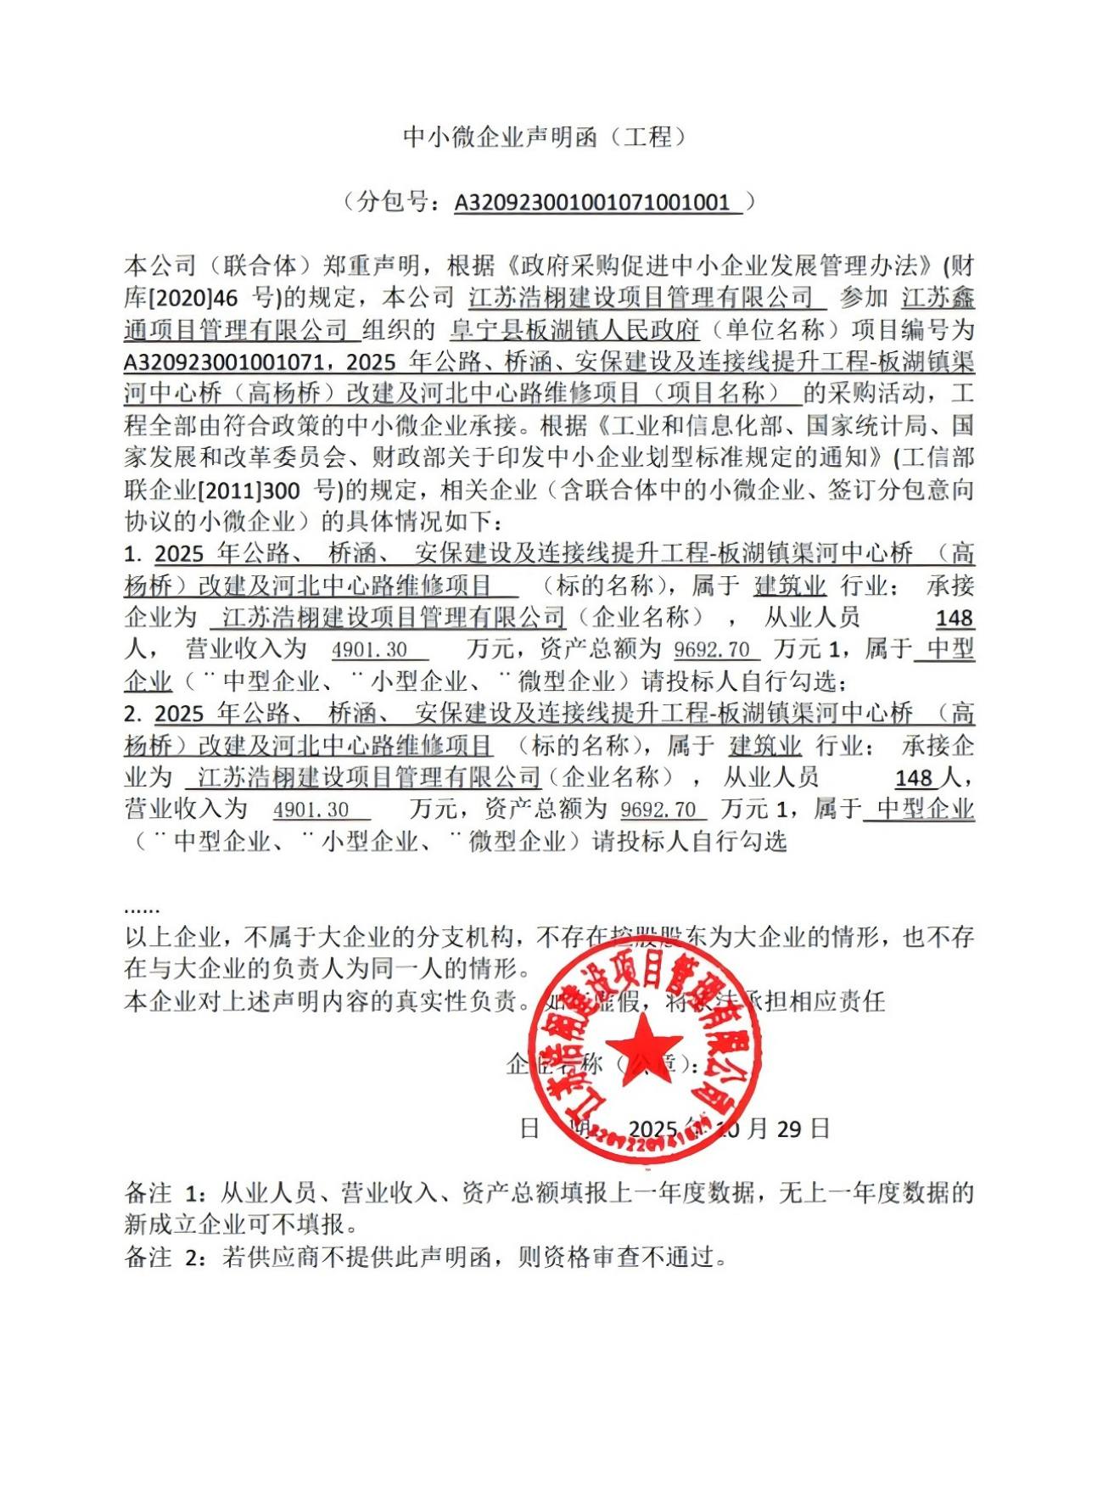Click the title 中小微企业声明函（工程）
[x=545, y=137]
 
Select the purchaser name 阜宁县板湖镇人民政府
[x=574, y=329]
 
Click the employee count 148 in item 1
[x=954, y=618]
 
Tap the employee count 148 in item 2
[x=914, y=777]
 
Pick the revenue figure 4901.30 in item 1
[x=370, y=650]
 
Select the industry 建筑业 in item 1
[x=790, y=586]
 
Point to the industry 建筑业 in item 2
[x=765, y=746]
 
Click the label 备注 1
[x=165, y=1193]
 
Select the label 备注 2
[x=165, y=1257]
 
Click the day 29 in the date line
[x=789, y=1129]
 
